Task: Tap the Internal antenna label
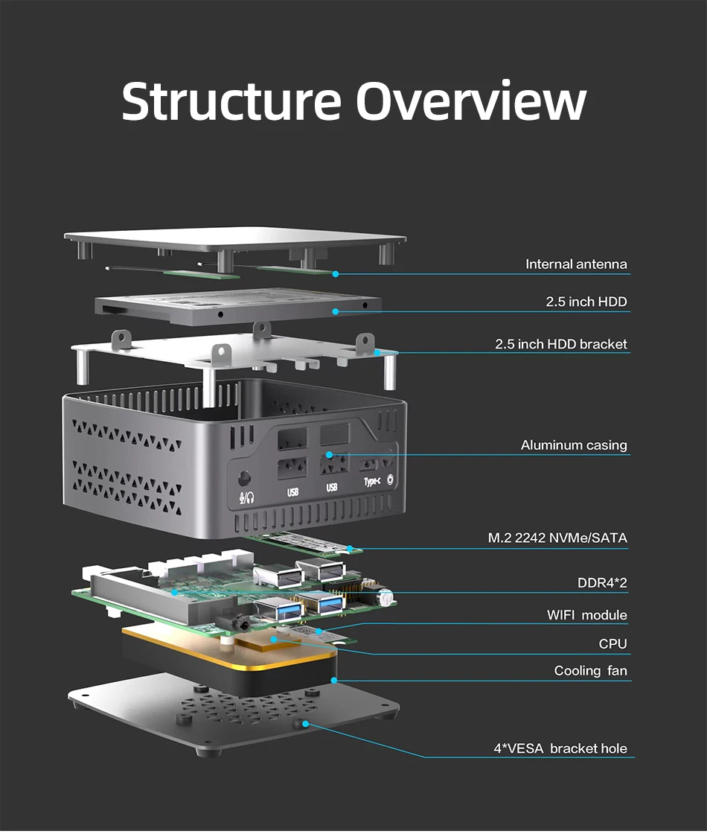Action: (x=576, y=264)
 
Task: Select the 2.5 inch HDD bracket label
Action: (x=560, y=344)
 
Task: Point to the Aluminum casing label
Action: (x=574, y=445)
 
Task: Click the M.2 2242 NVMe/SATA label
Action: (x=557, y=538)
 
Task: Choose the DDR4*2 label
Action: (x=602, y=582)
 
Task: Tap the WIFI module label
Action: (x=587, y=615)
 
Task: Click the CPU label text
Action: (x=612, y=643)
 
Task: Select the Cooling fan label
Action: (x=590, y=671)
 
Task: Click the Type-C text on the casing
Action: (x=374, y=482)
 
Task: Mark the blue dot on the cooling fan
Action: (x=335, y=679)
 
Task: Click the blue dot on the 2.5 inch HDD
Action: (x=336, y=311)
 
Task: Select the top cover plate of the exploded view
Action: (x=234, y=240)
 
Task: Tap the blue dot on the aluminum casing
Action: (x=328, y=453)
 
